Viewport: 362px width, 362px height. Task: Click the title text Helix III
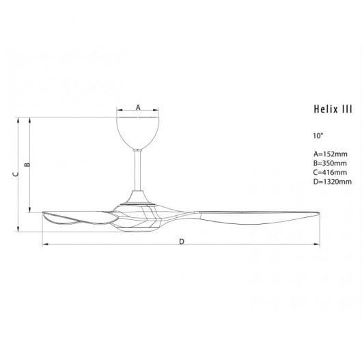pyautogui.click(x=333, y=109)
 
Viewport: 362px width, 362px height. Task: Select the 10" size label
pyautogui.click(x=318, y=135)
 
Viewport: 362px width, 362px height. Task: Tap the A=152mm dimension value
pyautogui.click(x=330, y=154)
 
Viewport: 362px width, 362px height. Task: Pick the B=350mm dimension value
pyautogui.click(x=330, y=163)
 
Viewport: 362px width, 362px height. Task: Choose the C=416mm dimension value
pyautogui.click(x=330, y=172)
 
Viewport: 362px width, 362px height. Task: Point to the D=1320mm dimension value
pyautogui.click(x=333, y=182)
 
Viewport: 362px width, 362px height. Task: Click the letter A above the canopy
pyautogui.click(x=138, y=107)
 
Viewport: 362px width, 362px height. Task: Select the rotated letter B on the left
pyautogui.click(x=27, y=165)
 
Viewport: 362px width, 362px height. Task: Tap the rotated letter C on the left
pyautogui.click(x=16, y=174)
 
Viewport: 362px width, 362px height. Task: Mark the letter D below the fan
pyautogui.click(x=182, y=242)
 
